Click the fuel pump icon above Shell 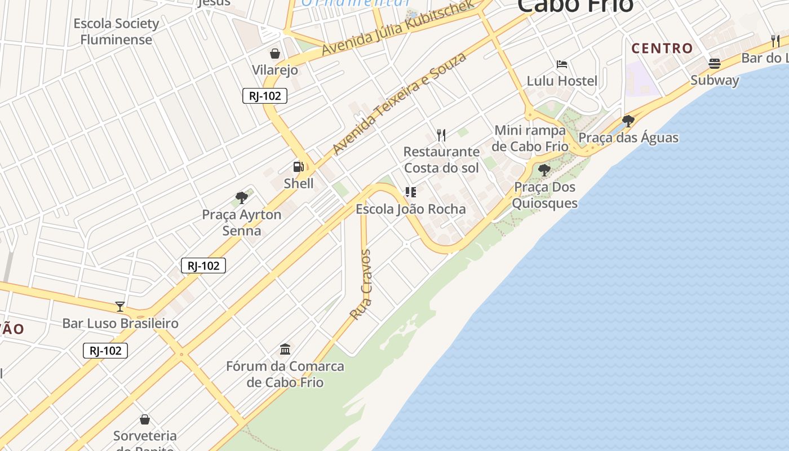(x=298, y=166)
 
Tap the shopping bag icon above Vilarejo (x=275, y=54)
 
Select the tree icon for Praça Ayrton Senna (x=242, y=198)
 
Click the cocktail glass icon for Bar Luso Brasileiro (x=120, y=307)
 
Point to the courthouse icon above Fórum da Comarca (x=285, y=350)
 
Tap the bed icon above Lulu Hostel (x=561, y=64)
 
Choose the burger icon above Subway (x=715, y=64)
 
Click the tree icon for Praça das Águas (x=628, y=121)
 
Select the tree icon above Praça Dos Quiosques (x=544, y=170)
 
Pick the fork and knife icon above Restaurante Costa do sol (x=441, y=135)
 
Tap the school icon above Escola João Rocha (x=411, y=192)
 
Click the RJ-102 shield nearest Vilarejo (x=265, y=96)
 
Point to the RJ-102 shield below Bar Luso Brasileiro (x=105, y=351)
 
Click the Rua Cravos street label (x=361, y=285)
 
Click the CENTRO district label (x=662, y=48)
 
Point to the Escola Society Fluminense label (x=116, y=32)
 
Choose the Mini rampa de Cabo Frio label (x=529, y=138)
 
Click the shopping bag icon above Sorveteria (x=145, y=419)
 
